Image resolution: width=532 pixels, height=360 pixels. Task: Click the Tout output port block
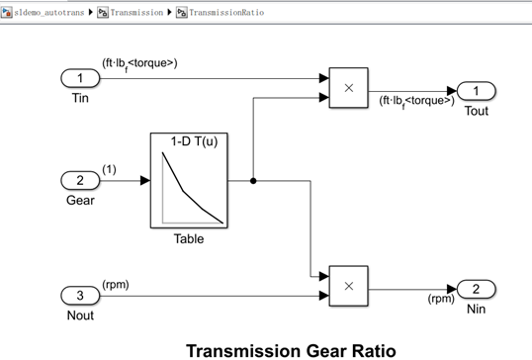(477, 91)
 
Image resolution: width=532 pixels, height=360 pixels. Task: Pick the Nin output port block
(477, 289)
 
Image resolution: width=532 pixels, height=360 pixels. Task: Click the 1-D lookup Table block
(189, 181)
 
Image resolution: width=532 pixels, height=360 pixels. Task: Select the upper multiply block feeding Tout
(348, 87)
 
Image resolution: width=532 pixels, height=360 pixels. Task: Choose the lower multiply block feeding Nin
(348, 286)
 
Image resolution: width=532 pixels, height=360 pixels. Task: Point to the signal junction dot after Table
(254, 181)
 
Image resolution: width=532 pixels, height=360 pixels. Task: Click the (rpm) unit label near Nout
(116, 285)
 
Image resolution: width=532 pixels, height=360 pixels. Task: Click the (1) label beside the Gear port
(109, 169)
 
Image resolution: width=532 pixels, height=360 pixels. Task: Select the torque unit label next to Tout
(416, 101)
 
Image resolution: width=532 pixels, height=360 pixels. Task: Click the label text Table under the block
(189, 238)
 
